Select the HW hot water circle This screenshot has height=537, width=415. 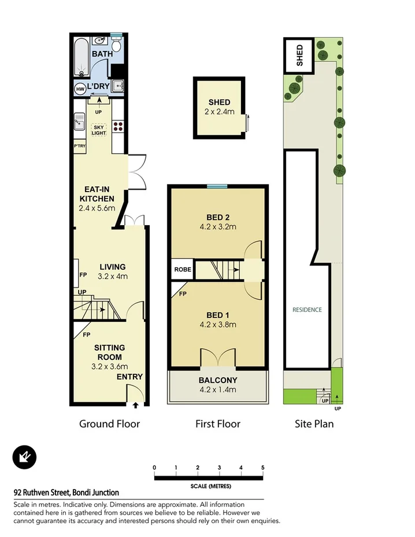pos(80,89)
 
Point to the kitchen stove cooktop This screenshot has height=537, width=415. pos(118,126)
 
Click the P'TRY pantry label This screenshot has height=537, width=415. pos(79,146)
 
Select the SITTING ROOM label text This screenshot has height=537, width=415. pos(109,352)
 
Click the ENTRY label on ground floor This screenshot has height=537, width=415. pos(129,377)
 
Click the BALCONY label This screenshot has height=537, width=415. pos(217,380)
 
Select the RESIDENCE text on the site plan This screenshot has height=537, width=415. pos(306,310)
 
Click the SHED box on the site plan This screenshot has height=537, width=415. pos(299,55)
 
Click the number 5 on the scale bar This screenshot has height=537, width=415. pos(262,468)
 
